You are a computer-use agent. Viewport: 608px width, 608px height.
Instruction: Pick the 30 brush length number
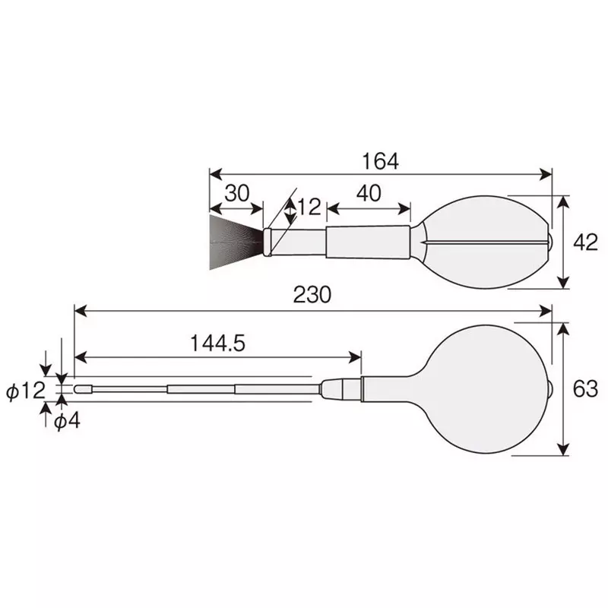pos(236,193)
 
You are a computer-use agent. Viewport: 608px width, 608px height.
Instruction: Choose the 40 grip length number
pos(368,193)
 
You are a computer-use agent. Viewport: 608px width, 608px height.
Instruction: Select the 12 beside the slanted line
pos(309,206)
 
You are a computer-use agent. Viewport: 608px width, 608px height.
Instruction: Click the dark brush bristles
pos(234,240)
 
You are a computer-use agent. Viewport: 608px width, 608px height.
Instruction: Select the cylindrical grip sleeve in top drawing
pos(368,242)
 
